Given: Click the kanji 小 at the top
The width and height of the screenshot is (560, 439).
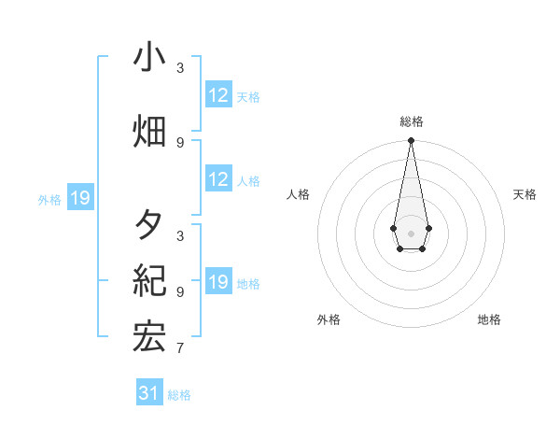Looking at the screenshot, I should pos(149,58).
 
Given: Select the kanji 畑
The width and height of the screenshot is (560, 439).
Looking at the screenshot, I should pos(149,132).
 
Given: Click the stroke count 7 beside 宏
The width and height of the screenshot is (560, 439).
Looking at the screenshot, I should pos(180,349).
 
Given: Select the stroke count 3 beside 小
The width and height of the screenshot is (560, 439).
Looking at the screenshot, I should pos(180,68).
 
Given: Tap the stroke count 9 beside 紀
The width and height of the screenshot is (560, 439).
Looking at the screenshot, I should pos(180,291).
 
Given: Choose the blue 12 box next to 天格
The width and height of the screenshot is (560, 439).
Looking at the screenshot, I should pos(218,95).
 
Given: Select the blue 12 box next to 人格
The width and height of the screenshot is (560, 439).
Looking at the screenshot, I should pos(218,179).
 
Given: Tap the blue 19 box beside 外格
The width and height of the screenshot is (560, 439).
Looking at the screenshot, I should pos(80,198).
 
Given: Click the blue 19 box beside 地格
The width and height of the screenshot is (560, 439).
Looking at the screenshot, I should pos(218,282).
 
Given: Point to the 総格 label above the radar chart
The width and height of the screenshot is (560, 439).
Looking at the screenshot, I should pos(411,121).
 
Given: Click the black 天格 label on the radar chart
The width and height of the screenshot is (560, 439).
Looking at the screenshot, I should pos(525,194).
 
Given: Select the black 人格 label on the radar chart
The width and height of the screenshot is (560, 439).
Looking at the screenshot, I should pos(298,194).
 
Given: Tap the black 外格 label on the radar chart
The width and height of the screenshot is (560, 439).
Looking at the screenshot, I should pos(329,319).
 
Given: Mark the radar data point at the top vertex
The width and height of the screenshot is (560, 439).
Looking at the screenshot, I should pos(411,141).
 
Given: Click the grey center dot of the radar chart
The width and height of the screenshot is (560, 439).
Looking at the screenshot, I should pos(411,232).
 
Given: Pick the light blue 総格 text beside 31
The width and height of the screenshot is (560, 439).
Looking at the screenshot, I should pos(179,395).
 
